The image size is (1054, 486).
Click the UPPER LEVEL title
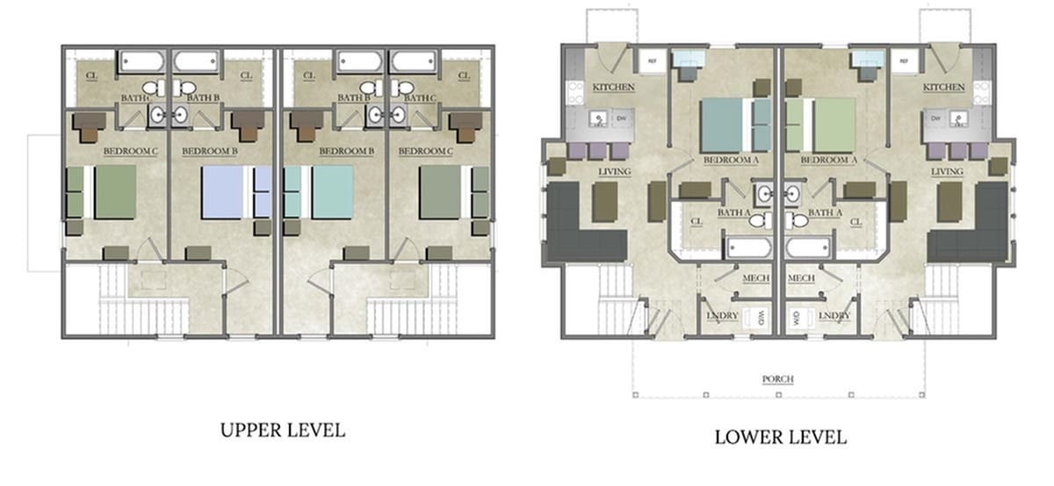coord(282,430)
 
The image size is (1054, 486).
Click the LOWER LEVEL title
coord(780,436)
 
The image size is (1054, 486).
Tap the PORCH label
coord(778,379)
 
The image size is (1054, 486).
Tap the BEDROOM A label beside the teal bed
coord(730,161)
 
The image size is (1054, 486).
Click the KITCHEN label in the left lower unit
coord(614,88)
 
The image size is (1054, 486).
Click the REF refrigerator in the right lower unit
coord(904,61)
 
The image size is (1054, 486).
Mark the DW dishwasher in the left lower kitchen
coord(620,117)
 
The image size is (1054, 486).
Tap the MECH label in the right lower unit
coord(803,279)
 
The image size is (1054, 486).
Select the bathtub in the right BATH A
coord(808,247)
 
